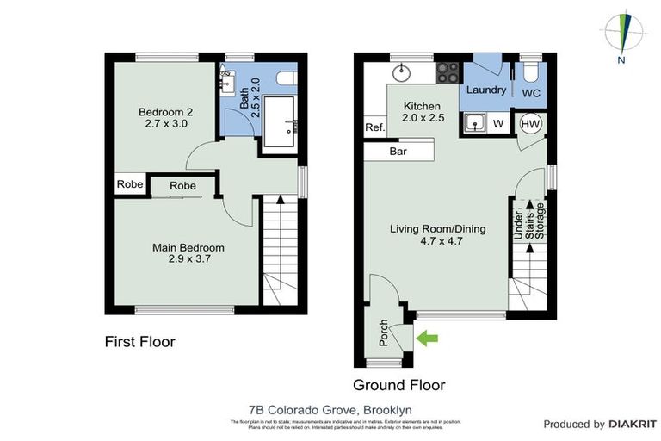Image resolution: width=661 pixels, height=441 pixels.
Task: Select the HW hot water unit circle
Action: pyautogui.click(x=530, y=124)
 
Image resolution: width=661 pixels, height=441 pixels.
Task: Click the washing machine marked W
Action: pyautogui.click(x=497, y=124)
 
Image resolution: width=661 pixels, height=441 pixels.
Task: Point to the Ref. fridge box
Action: pyautogui.click(x=374, y=127)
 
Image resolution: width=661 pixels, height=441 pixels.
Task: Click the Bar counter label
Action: pyautogui.click(x=398, y=152)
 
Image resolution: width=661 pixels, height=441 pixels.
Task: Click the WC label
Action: pyautogui.click(x=531, y=91)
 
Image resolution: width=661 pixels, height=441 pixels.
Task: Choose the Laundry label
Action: pyautogui.click(x=485, y=90)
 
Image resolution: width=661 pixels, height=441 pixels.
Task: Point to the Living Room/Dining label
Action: pyautogui.click(x=437, y=235)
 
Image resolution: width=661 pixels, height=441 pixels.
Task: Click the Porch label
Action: pyautogui.click(x=385, y=334)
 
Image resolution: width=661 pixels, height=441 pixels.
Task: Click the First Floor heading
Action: pyautogui.click(x=139, y=342)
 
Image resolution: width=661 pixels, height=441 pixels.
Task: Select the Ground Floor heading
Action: pyautogui.click(x=398, y=385)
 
